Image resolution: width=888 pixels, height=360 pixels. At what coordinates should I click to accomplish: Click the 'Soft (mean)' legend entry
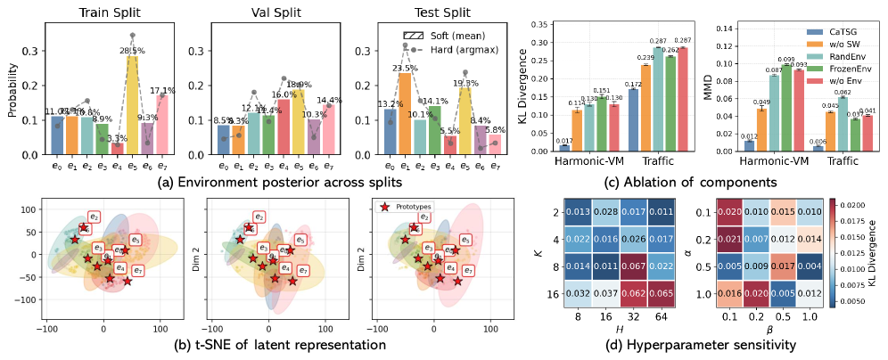tap(443, 33)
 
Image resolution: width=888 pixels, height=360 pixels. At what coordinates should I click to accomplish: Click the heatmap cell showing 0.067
tap(629, 266)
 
